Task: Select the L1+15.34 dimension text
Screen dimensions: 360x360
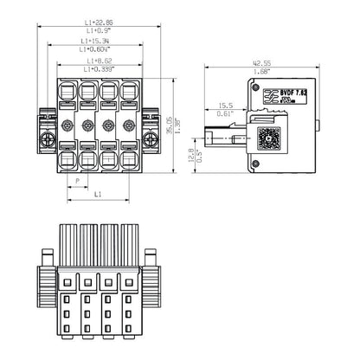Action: (97, 40)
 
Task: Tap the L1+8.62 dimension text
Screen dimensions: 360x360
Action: (97, 61)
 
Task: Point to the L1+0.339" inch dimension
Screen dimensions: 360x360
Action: (98, 68)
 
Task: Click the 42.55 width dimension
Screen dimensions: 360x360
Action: (261, 63)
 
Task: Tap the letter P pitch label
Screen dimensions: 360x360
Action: (77, 181)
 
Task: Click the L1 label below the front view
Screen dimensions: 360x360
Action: (97, 196)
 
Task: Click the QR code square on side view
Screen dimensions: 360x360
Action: (269, 138)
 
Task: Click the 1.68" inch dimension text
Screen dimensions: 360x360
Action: (261, 72)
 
